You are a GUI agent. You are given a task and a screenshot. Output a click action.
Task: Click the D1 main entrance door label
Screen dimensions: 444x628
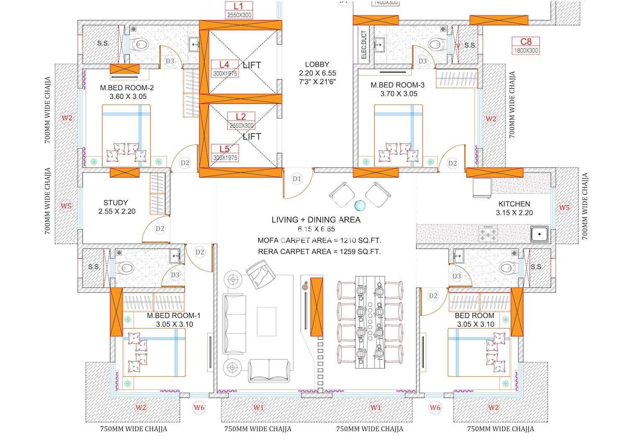297,179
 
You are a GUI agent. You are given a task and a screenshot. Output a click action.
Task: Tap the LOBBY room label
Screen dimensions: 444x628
317,65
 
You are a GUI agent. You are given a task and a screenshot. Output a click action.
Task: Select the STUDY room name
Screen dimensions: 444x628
116,203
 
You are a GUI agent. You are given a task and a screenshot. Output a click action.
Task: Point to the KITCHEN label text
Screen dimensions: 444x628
514,204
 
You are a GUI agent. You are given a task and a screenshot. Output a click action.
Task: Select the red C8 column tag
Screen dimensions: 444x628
526,42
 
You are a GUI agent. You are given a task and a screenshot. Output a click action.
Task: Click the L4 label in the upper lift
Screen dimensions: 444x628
225,65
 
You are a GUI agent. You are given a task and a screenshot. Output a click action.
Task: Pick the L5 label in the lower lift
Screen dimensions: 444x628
225,149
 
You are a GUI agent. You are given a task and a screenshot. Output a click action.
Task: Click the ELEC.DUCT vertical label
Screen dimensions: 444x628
364,44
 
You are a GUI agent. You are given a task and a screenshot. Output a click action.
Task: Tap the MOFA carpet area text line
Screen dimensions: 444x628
319,240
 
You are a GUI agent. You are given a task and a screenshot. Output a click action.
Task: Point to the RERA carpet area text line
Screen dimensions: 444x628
319,252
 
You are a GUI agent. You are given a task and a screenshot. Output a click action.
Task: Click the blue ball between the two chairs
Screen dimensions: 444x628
360,206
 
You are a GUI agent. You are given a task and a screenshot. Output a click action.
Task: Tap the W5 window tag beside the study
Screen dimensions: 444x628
66,206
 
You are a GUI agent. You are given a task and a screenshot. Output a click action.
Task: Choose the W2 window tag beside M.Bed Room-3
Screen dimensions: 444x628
491,119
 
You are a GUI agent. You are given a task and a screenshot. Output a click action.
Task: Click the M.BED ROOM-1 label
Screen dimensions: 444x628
173,315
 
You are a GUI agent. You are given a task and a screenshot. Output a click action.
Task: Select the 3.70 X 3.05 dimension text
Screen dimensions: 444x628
399,94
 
